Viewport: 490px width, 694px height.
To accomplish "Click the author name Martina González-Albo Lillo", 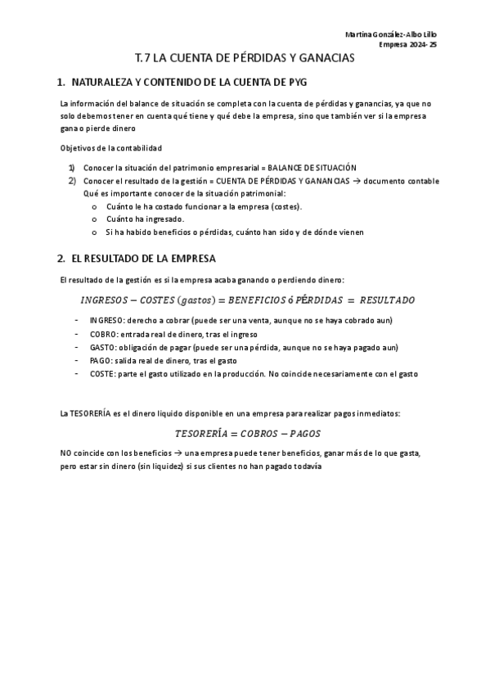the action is (391, 34).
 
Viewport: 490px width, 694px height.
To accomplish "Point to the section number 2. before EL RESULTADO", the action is (61, 259).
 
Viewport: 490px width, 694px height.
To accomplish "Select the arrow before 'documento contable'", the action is (357, 181).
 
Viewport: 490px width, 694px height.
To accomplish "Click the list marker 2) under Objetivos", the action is (72, 181).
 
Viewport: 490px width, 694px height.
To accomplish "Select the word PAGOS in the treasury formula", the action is (303, 433).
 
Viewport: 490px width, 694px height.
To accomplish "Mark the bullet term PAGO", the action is (101, 360).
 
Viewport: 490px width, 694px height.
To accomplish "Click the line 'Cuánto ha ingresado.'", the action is (145, 219).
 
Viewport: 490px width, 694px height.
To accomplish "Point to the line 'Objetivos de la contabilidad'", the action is (111, 147).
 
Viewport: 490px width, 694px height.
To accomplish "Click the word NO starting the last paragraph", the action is (65, 453).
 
